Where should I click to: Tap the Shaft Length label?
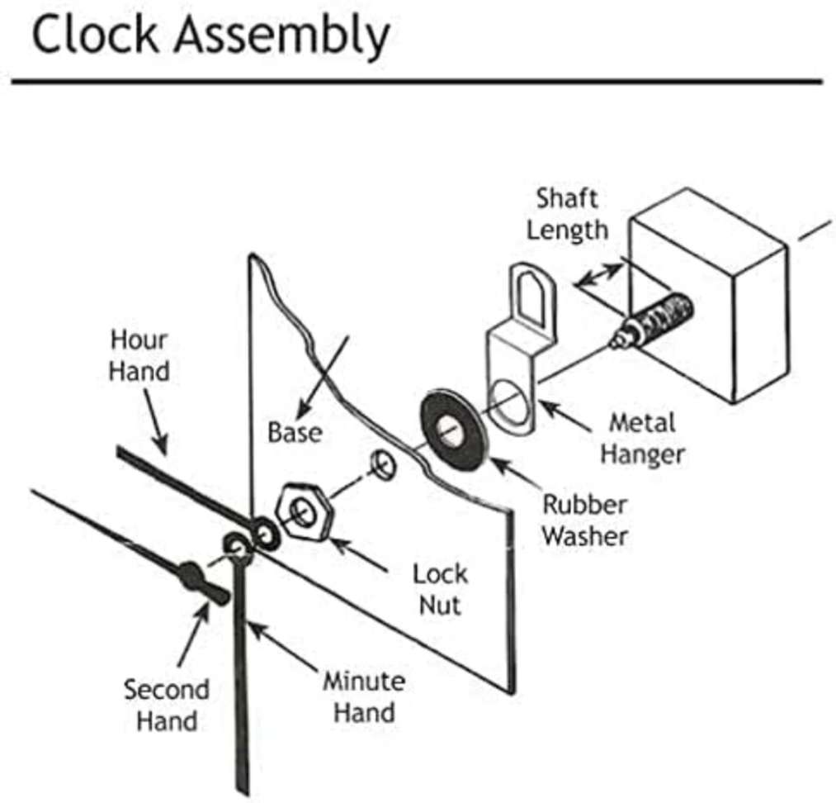point(566,214)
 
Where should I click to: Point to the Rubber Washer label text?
point(584,520)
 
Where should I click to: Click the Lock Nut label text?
point(440,588)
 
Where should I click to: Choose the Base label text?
point(295,431)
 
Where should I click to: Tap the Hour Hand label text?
point(139,355)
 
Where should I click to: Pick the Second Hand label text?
point(166,705)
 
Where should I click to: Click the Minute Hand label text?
point(363,696)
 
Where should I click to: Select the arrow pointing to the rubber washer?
point(512,473)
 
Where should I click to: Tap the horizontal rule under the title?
point(417,82)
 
